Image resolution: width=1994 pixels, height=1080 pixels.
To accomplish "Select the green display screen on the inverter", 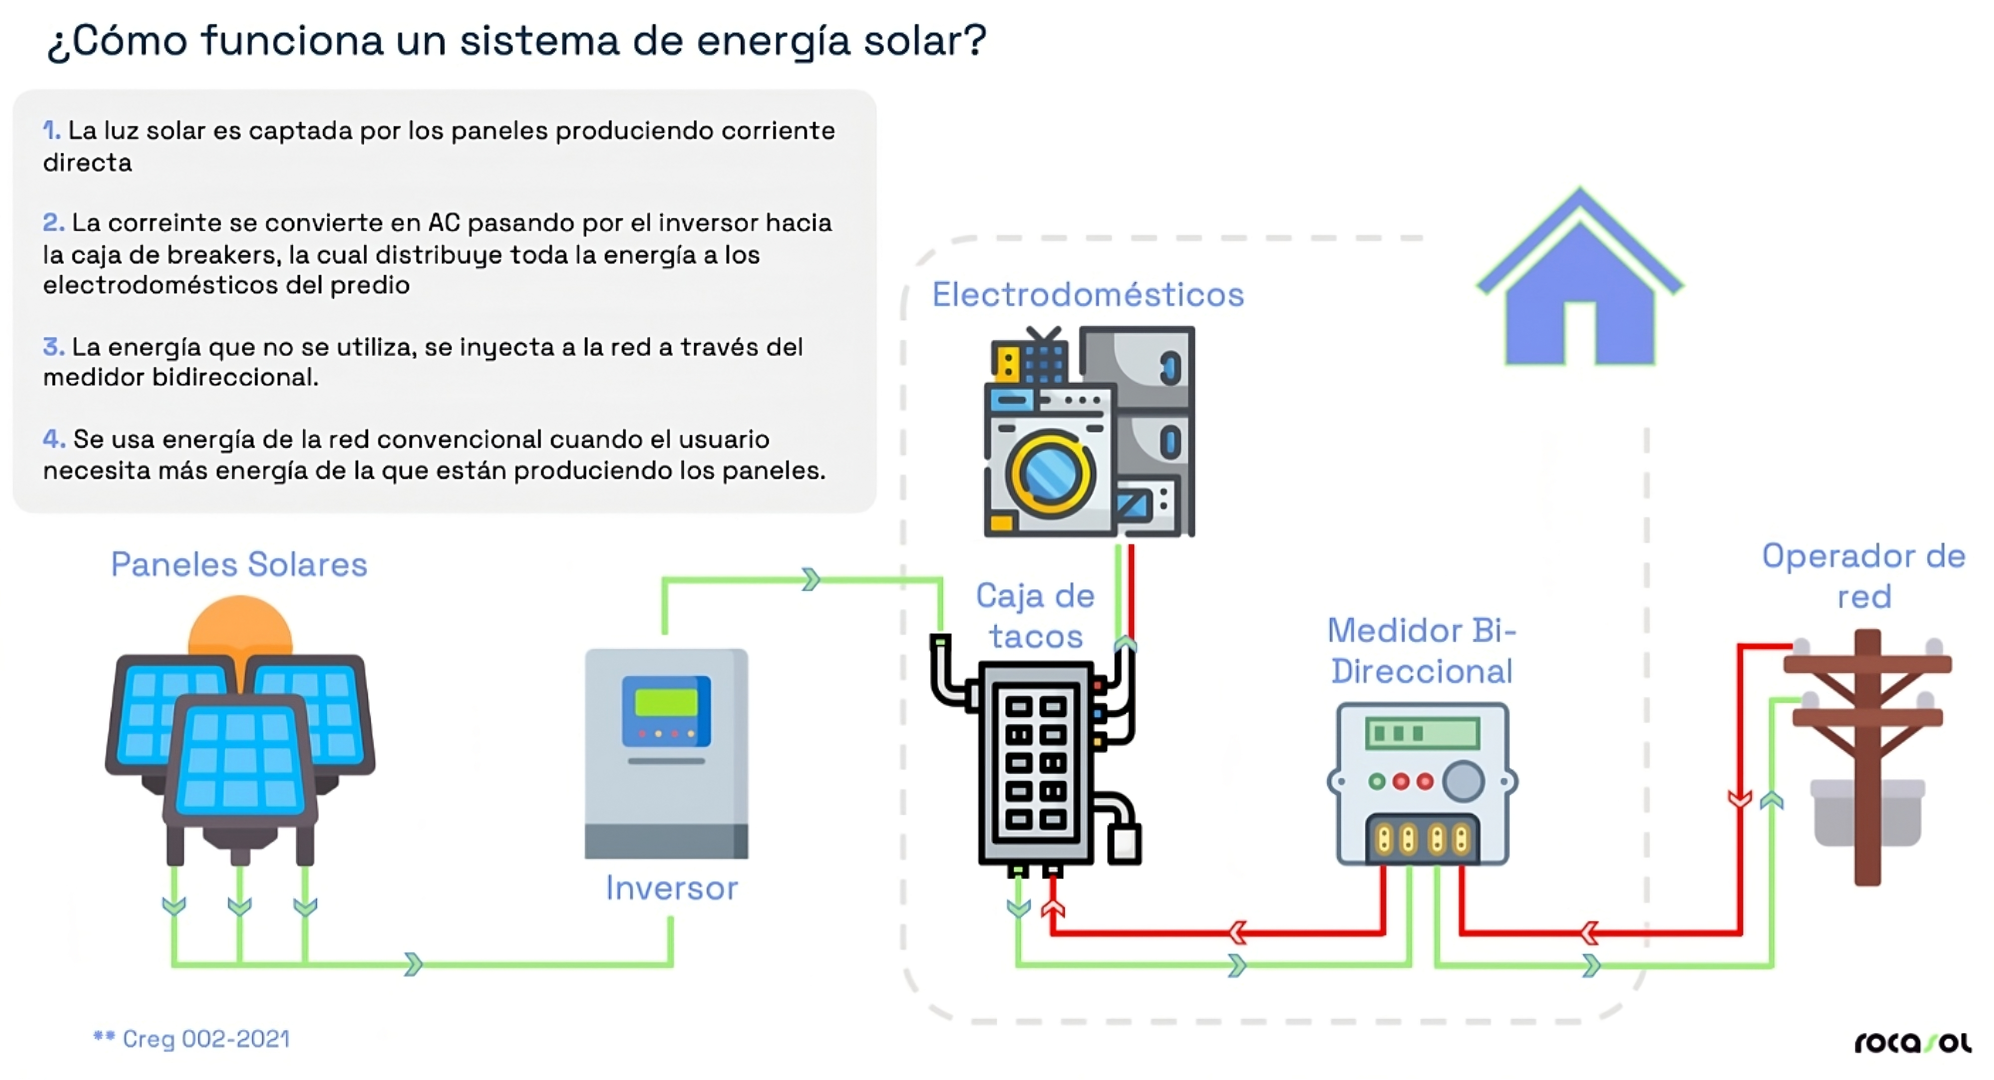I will click(x=665, y=702).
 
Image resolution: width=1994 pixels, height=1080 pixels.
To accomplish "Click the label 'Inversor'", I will click(x=671, y=888).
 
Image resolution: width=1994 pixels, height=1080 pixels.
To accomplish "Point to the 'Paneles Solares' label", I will click(x=238, y=564).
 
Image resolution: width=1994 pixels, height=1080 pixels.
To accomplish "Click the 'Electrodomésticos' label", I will click(x=1088, y=295).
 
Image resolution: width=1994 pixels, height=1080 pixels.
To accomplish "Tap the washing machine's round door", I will click(x=1050, y=472).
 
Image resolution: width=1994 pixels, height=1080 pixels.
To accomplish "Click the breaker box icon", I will click(x=1036, y=762).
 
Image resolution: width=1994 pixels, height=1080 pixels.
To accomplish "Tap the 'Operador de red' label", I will click(x=1863, y=576).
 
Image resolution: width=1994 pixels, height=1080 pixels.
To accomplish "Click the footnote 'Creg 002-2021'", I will click(x=205, y=1039).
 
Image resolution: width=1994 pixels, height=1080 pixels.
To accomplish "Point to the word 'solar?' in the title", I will click(x=925, y=40).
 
